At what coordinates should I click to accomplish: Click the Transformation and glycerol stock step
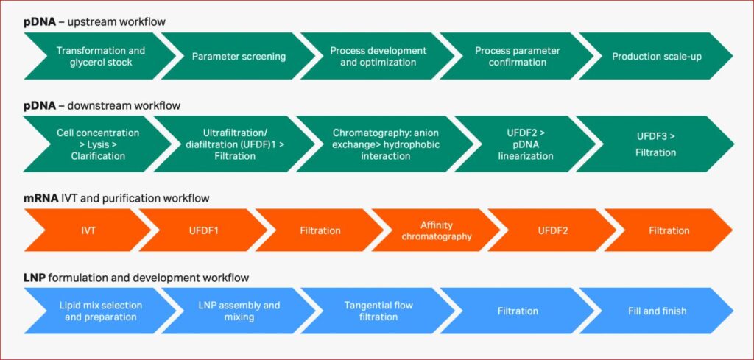[100, 56]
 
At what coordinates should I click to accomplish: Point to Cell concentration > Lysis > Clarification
[98, 144]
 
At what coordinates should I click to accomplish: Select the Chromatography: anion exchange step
[384, 144]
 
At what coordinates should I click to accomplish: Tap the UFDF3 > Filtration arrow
[655, 144]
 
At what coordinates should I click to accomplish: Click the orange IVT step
[87, 230]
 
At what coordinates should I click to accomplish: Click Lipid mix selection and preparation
[100, 311]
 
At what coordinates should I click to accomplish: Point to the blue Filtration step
[518, 311]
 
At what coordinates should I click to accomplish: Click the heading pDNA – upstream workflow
[95, 22]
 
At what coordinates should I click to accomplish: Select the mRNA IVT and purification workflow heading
[116, 198]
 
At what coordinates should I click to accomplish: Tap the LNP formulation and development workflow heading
[136, 278]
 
